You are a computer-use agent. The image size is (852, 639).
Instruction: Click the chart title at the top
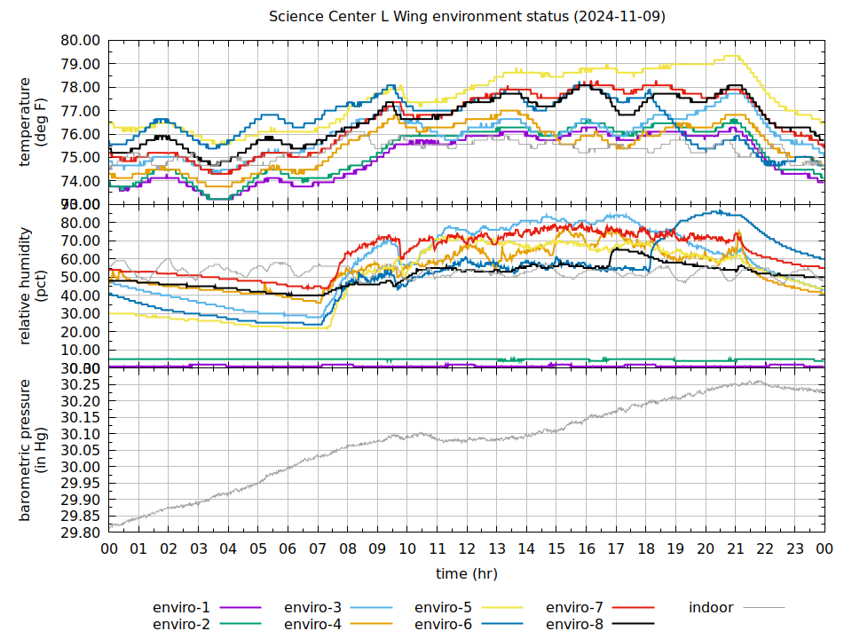(x=467, y=17)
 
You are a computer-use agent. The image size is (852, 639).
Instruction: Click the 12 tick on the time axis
(x=467, y=549)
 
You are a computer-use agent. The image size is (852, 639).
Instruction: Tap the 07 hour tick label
(x=318, y=549)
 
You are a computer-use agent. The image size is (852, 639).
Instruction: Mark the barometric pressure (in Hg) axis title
(x=33, y=450)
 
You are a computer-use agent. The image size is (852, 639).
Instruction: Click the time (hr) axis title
(x=467, y=573)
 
